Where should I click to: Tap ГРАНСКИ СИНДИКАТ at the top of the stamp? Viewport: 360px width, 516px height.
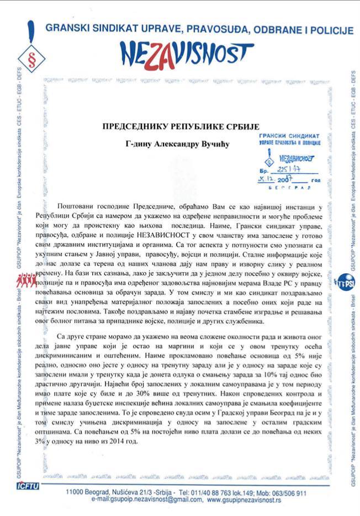tap(290, 135)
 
